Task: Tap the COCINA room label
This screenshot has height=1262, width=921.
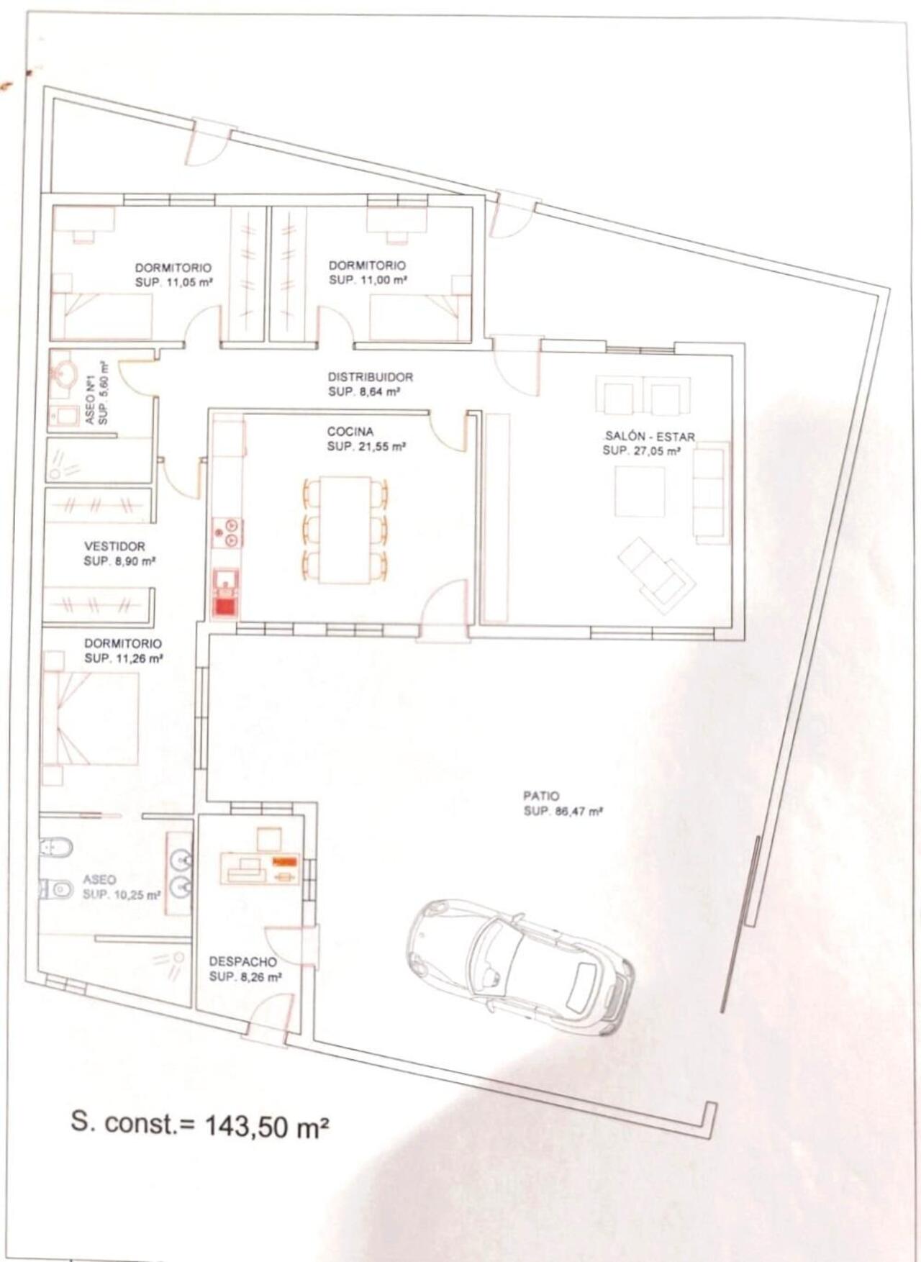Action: click(x=350, y=432)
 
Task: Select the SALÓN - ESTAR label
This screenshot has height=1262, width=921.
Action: click(x=649, y=436)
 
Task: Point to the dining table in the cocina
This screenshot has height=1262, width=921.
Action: click(x=346, y=529)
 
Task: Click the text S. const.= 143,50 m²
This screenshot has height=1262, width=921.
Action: click(x=200, y=1123)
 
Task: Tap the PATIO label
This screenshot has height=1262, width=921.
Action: click(x=540, y=796)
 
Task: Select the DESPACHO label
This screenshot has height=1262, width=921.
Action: click(x=242, y=961)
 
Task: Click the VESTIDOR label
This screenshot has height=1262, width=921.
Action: click(x=114, y=546)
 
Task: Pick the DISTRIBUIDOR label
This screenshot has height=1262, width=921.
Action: click(x=370, y=377)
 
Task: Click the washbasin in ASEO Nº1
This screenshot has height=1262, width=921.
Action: click(x=65, y=374)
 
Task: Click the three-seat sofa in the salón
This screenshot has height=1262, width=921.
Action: click(x=710, y=493)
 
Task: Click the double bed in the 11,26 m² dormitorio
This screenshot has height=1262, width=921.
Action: click(x=92, y=719)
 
